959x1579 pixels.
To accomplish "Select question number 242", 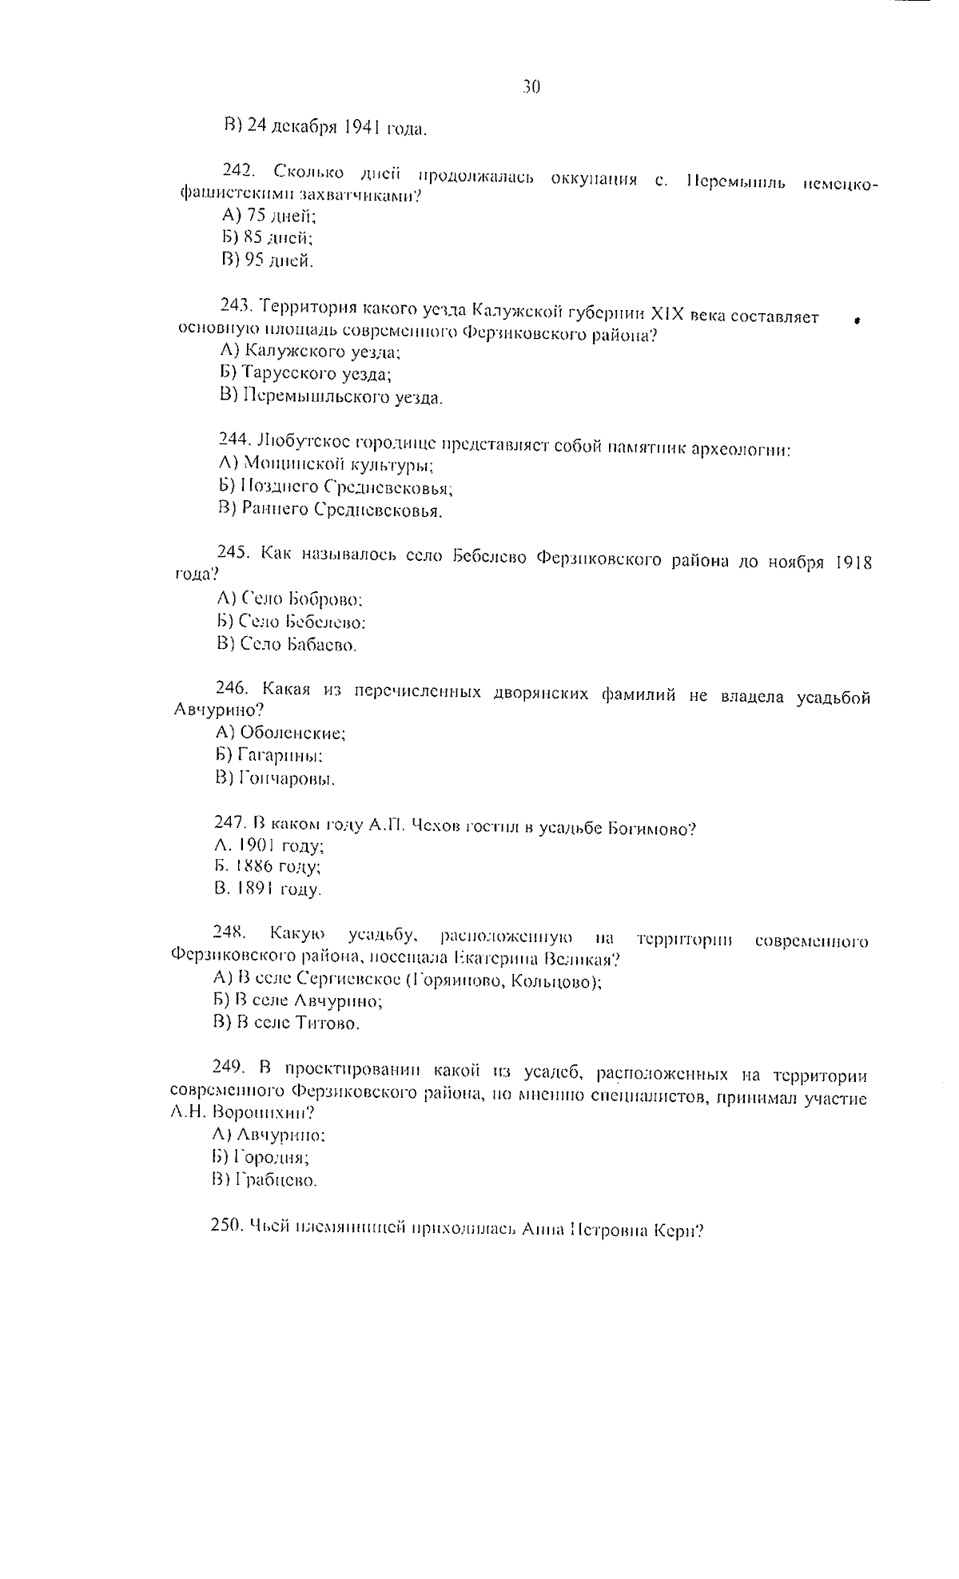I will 237,170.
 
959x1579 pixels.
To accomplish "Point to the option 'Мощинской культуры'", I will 338,463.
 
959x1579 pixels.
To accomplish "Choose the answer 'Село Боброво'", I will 301,598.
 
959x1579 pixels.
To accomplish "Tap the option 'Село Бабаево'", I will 297,643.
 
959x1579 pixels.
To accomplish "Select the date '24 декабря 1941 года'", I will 336,125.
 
